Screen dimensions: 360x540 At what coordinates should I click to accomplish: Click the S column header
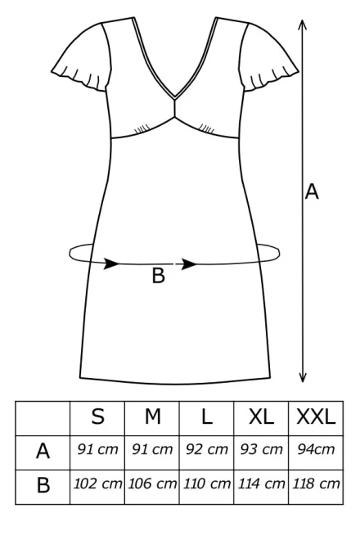click(x=98, y=416)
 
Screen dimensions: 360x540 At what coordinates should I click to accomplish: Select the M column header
click(x=153, y=416)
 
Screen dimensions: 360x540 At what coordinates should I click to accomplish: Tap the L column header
click(x=207, y=416)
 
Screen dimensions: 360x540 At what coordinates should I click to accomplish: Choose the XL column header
click(x=261, y=416)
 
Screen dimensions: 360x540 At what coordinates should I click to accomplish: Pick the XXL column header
click(x=316, y=416)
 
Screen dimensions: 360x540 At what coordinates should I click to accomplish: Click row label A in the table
click(x=43, y=451)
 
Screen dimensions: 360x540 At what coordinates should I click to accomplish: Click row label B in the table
click(x=43, y=485)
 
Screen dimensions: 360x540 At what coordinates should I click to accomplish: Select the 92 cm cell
click(x=207, y=449)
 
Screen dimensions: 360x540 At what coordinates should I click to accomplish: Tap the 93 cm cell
click(x=261, y=449)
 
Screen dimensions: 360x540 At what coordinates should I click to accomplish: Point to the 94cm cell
click(x=316, y=449)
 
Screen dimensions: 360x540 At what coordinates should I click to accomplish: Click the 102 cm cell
click(x=98, y=484)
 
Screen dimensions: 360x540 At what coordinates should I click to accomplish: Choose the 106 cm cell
click(x=152, y=484)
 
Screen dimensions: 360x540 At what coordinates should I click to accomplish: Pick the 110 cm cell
click(x=207, y=484)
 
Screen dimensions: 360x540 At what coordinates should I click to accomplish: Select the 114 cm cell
click(x=262, y=484)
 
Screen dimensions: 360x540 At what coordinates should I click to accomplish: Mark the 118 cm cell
click(x=316, y=484)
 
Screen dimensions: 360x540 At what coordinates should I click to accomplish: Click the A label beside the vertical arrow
click(x=312, y=191)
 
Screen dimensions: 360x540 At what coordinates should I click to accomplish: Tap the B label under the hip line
click(x=159, y=276)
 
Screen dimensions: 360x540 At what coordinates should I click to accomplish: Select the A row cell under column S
click(x=98, y=449)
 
